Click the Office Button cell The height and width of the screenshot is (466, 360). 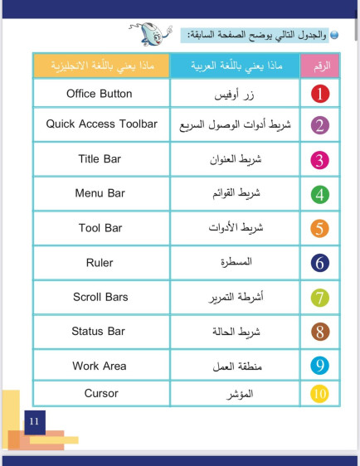tap(100, 94)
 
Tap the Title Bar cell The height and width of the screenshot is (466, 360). tap(100, 158)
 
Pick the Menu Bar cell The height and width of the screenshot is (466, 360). tap(100, 193)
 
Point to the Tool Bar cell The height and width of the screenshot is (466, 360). tap(100, 228)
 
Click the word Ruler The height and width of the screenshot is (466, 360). tap(100, 263)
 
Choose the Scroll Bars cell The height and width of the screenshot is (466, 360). tap(100, 297)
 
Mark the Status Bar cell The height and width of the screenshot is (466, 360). tap(99, 332)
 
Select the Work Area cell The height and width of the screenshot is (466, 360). tap(99, 366)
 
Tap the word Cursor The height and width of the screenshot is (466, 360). tap(101, 393)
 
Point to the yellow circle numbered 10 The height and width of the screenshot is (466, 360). tap(321, 393)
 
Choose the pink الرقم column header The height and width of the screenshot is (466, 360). tap(318, 65)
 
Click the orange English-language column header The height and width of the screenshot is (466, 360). tap(100, 65)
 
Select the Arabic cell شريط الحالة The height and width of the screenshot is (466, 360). tap(236, 332)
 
